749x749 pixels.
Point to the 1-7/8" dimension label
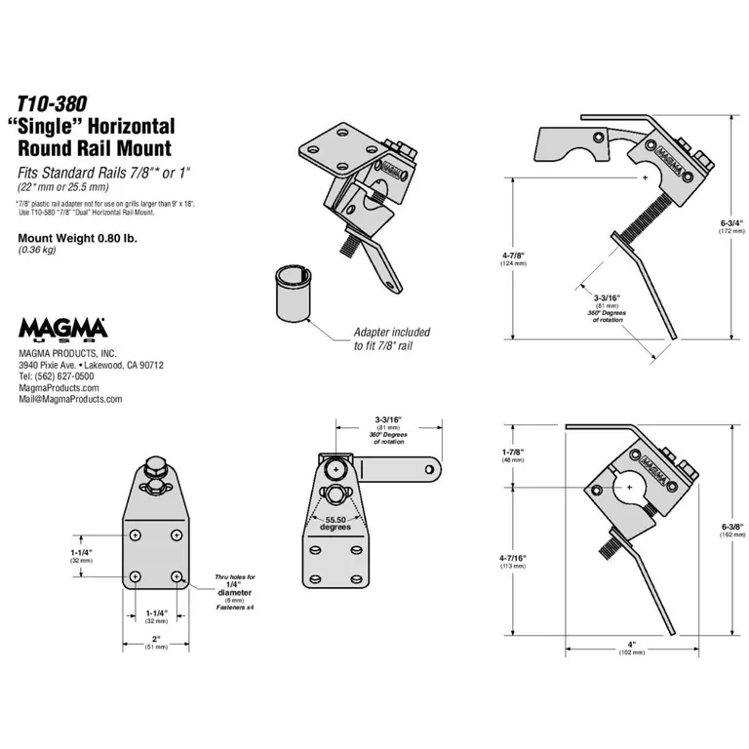tap(513, 453)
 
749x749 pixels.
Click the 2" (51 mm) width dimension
tap(155, 642)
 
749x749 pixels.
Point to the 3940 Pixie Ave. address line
tap(91, 365)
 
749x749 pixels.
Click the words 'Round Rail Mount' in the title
tap(95, 149)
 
